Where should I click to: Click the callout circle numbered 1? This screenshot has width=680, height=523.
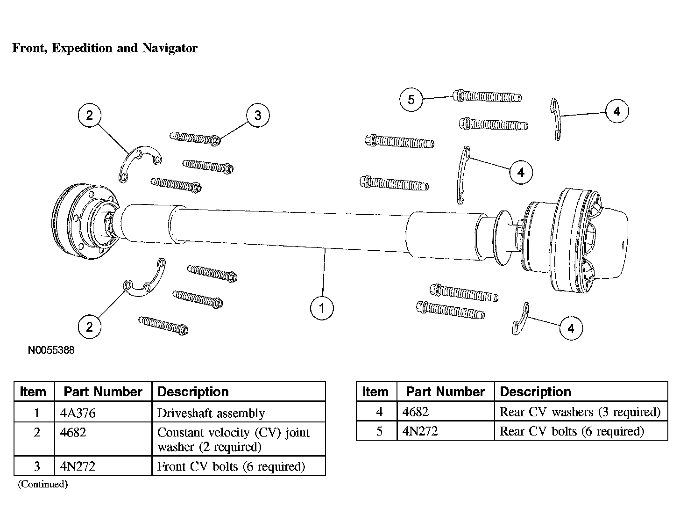pyautogui.click(x=322, y=308)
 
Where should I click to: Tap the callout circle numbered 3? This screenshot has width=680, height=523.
pyautogui.click(x=258, y=116)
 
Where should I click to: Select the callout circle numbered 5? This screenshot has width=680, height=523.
pyautogui.click(x=411, y=100)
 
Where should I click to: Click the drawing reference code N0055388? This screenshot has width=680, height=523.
pyautogui.click(x=51, y=350)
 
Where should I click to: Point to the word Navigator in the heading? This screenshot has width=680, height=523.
pyautogui.click(x=170, y=48)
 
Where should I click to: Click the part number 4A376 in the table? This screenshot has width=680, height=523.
pyautogui.click(x=78, y=413)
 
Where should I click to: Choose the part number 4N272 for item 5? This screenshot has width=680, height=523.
pyautogui.click(x=420, y=431)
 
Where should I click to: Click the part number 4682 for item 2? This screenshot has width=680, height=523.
pyautogui.click(x=73, y=432)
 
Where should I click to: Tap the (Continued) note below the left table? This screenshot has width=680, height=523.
pyautogui.click(x=43, y=484)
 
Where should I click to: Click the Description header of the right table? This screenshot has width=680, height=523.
pyautogui.click(x=535, y=392)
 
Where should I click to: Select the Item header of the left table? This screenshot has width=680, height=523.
pyautogui.click(x=33, y=392)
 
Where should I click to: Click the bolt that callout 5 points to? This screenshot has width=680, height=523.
pyautogui.click(x=487, y=96)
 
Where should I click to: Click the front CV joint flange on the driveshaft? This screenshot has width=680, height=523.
pyautogui.click(x=85, y=221)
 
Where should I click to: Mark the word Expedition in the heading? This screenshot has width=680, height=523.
pyautogui.click(x=82, y=48)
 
